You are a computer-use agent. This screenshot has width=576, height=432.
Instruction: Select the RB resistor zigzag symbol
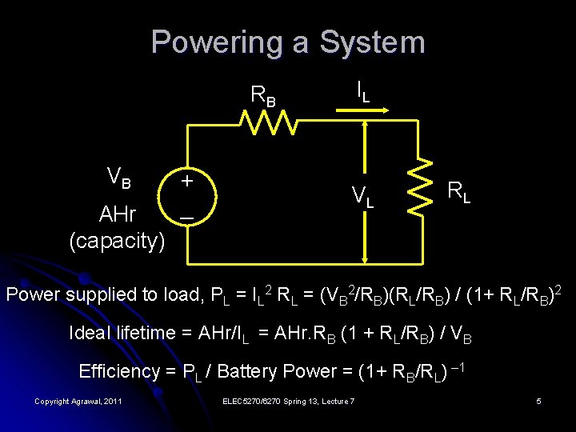268,122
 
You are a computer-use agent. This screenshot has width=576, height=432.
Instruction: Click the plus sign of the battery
186,181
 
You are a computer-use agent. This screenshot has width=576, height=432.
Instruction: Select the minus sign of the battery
186,217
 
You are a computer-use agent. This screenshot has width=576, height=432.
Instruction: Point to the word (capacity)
118,240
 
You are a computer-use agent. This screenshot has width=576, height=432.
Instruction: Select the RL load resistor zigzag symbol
419,186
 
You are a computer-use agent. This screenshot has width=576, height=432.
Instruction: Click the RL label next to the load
458,191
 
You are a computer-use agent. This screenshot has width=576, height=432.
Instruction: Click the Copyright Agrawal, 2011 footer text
78,401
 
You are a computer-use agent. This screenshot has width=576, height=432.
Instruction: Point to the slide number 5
538,401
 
